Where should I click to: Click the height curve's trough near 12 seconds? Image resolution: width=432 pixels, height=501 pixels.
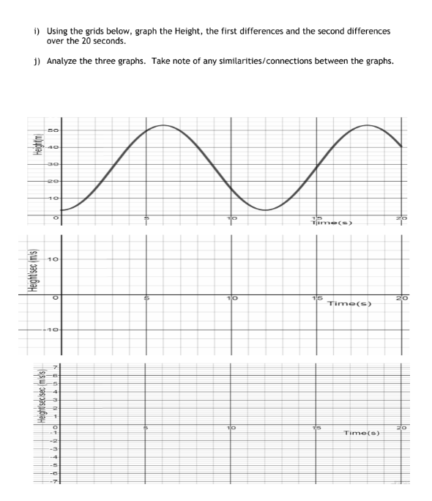point(265,210)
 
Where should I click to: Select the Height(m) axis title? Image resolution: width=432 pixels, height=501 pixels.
point(33,155)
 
